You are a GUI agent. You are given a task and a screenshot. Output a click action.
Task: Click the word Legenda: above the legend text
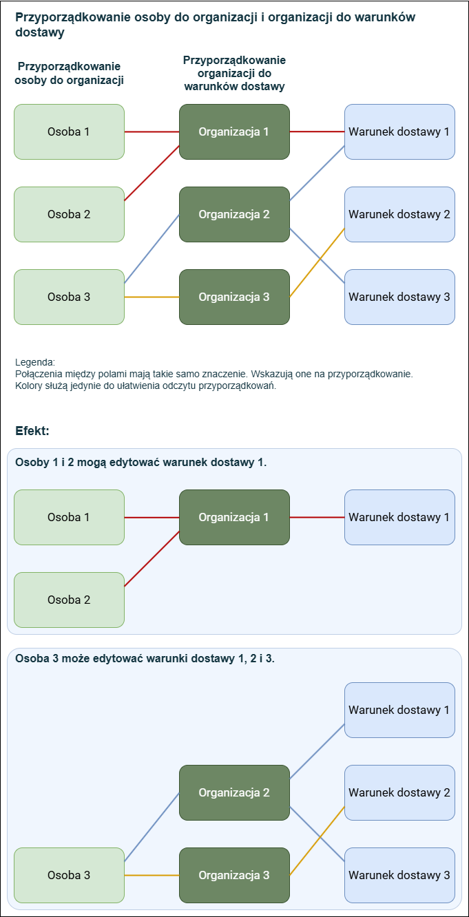35,362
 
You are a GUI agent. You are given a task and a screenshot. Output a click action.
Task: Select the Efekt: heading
32,431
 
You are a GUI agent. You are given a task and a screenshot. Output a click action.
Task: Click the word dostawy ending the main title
40,32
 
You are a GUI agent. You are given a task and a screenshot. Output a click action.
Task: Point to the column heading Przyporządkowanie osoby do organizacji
70,73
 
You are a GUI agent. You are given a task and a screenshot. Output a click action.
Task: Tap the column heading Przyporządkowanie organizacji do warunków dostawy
234,73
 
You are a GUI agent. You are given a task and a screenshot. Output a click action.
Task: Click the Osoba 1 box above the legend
70,131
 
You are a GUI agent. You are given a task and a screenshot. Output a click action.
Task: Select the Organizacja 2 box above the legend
234,215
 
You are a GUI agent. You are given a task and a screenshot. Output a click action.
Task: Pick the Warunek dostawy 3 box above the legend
399,297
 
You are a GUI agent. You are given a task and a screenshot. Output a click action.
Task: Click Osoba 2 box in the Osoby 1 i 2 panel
70,600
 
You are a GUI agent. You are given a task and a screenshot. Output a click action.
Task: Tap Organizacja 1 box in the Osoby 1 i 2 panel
234,517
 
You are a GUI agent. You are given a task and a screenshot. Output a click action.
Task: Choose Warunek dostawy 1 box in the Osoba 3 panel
399,710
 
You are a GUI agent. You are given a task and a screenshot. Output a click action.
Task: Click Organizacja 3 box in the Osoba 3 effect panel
234,875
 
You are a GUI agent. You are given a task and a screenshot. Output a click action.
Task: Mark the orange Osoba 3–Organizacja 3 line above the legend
152,297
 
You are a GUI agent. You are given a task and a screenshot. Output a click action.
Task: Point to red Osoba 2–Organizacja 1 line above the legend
152,173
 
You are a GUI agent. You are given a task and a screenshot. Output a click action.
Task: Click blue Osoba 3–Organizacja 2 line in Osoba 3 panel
152,827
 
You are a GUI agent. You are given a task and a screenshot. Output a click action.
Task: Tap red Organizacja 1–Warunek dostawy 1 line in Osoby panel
317,517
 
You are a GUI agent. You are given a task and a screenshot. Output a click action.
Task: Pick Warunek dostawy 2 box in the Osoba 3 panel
399,792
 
